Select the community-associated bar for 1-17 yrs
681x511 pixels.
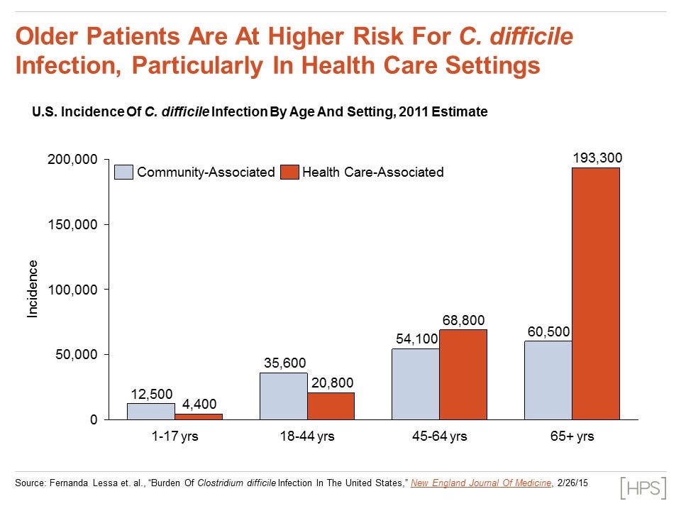(151, 412)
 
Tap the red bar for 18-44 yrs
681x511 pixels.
(331, 406)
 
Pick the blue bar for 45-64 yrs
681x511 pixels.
(416, 384)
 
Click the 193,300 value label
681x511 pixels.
(597, 158)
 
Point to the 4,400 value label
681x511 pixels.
(198, 405)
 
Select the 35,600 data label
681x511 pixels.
(284, 363)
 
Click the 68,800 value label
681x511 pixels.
(463, 320)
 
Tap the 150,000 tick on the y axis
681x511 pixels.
(72, 224)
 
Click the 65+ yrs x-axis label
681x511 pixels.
(572, 436)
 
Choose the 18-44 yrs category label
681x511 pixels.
(306, 436)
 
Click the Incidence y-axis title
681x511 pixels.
(33, 289)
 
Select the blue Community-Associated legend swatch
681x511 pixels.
(124, 172)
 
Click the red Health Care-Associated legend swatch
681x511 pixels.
(289, 172)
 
